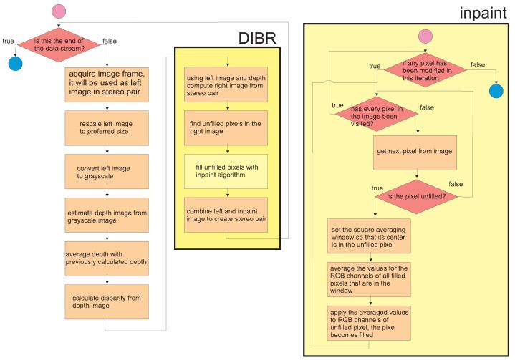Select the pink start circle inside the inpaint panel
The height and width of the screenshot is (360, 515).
coord(425,37)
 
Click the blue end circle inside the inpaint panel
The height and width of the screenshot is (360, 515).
coord(496,91)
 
